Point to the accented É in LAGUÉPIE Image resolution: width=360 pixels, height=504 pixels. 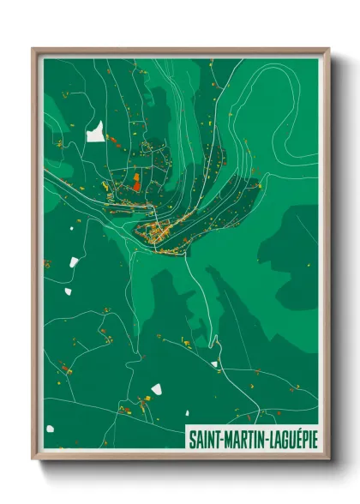tap(294, 437)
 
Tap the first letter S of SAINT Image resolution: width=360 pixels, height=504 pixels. tap(192, 437)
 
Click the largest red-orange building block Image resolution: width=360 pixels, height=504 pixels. tap(135, 181)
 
